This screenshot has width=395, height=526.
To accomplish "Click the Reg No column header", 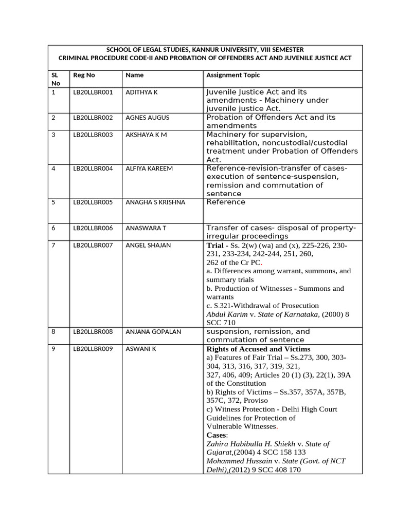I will (x=84, y=75).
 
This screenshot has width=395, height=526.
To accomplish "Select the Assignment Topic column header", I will (x=233, y=75).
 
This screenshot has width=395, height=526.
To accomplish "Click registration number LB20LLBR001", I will (x=93, y=92).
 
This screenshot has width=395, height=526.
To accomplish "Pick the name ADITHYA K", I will (x=141, y=92).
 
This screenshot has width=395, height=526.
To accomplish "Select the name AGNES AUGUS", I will (x=147, y=118).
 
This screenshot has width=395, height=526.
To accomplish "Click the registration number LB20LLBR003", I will (x=93, y=135).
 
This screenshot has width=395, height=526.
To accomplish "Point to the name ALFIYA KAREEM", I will (x=149, y=168).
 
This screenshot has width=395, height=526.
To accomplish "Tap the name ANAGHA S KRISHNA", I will (x=155, y=202).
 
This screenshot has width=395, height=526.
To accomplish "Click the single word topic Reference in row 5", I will (x=226, y=202).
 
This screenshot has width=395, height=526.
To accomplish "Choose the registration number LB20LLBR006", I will (x=93, y=228).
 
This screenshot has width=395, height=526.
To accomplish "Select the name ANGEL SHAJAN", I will (x=148, y=246).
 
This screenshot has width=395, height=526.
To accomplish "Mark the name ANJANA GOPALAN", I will (x=153, y=332).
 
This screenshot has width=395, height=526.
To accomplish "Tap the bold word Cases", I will (x=216, y=435).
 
